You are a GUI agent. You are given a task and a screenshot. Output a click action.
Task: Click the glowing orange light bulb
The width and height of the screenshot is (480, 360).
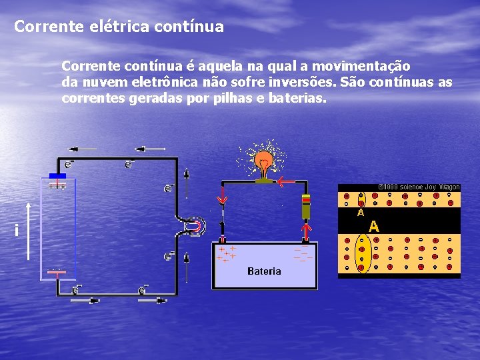point(265,161)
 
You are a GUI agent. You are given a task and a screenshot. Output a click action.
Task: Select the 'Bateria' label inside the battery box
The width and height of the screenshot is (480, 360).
point(264,271)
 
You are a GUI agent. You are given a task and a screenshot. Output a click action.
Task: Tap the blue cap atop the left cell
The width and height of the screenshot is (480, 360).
point(58,176)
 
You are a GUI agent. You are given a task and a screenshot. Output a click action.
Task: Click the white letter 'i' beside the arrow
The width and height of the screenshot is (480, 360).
point(15,230)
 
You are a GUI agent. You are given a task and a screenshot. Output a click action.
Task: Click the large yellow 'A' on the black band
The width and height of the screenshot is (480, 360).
point(375,225)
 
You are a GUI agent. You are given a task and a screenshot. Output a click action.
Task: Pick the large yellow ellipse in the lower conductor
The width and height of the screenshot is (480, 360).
point(364,253)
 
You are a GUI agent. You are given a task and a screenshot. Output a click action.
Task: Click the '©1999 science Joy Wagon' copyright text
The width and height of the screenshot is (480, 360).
point(419,187)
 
